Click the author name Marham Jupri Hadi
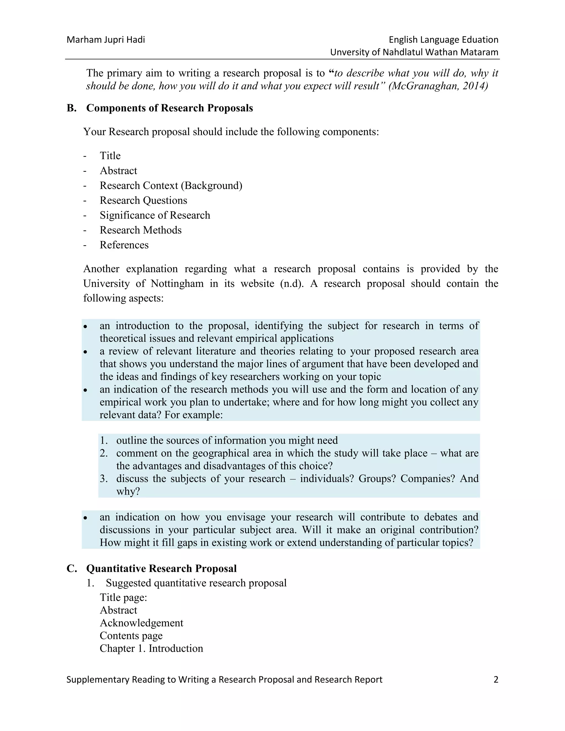[106, 40]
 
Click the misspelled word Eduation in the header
[480, 40]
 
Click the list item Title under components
[110, 156]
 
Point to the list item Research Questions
[143, 200]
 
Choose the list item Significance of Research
[155, 215]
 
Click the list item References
[124, 245]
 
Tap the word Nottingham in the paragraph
[177, 284]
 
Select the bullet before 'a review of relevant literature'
[86, 352]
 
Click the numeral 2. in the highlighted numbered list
[103, 453]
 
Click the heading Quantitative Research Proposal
[161, 569]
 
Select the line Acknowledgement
[141, 623]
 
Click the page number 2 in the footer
[496, 679]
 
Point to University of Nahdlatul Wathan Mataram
[414, 52]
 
